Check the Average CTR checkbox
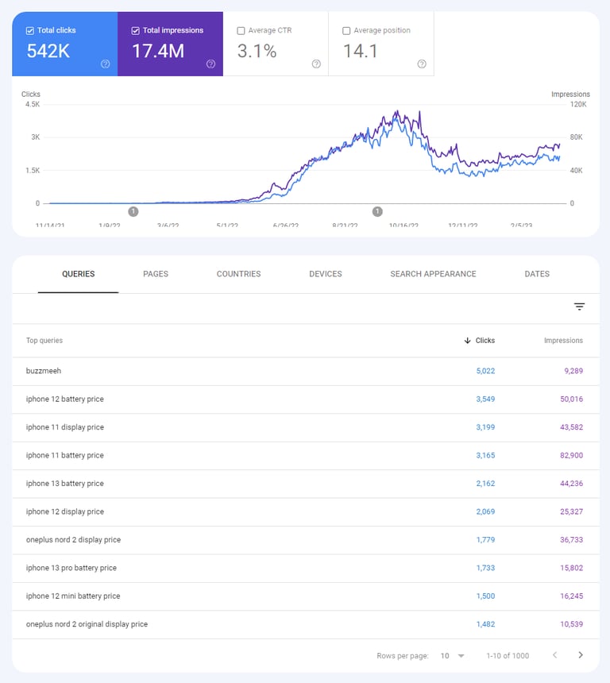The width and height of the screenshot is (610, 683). click(241, 31)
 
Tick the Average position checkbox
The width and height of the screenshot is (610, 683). click(346, 31)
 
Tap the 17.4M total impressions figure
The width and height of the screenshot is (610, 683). click(157, 52)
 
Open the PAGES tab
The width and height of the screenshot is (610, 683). click(156, 274)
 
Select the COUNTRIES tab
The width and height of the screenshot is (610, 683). click(238, 274)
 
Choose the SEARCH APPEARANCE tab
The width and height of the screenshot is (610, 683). click(433, 274)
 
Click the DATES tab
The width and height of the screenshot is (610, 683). click(537, 274)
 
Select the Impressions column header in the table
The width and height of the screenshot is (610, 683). click(563, 341)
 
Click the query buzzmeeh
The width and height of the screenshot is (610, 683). click(43, 371)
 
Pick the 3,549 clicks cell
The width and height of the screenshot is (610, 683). click(485, 399)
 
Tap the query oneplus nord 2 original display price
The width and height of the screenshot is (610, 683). click(87, 624)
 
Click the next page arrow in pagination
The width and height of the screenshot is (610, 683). click(581, 655)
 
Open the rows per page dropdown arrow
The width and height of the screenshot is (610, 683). click(461, 656)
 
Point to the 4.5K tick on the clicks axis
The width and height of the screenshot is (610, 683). click(33, 104)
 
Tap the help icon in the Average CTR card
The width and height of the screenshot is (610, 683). click(316, 64)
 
